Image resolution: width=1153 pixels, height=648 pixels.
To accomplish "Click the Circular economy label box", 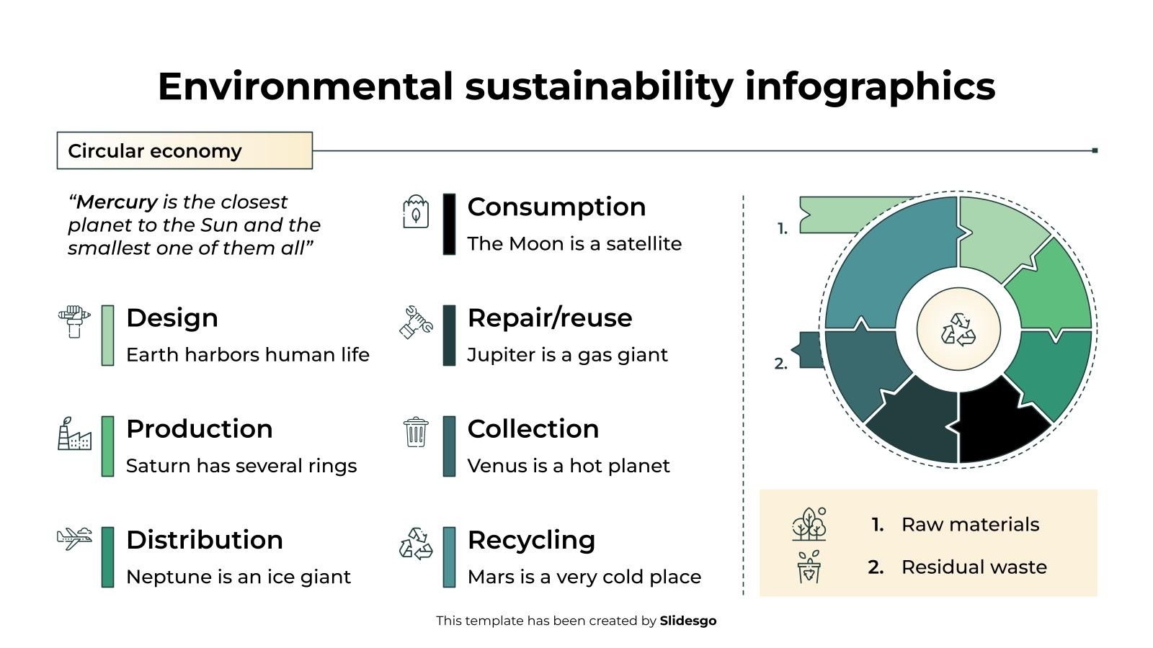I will click(x=184, y=150).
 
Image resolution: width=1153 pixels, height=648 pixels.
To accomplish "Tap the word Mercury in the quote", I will click(x=117, y=202).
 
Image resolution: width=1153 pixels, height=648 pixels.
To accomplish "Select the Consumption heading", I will click(x=556, y=207).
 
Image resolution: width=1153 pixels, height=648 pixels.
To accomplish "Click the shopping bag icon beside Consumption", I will click(x=416, y=212).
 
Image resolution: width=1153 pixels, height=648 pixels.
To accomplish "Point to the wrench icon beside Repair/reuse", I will click(x=416, y=322).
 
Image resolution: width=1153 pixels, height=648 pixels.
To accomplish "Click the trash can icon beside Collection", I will click(x=416, y=432).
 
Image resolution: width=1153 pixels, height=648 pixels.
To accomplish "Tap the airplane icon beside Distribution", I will click(x=74, y=538).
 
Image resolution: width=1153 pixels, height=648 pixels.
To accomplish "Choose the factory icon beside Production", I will click(x=74, y=433).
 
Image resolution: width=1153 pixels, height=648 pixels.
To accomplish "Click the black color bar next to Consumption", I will click(x=449, y=224).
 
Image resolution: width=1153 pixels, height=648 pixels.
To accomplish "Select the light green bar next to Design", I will click(x=107, y=336).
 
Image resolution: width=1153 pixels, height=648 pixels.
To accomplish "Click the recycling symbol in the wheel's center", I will click(x=958, y=329).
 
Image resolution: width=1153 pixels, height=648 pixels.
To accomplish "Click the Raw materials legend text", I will click(x=970, y=524).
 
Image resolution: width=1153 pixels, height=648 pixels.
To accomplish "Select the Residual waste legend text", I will click(x=974, y=567).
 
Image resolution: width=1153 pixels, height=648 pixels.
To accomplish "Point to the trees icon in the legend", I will click(x=809, y=524).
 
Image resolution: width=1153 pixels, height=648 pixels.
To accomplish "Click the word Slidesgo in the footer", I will click(x=687, y=621).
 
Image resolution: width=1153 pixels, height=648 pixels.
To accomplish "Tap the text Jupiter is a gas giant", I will click(x=567, y=355).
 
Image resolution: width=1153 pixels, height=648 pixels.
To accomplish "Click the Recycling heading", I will click(x=531, y=540).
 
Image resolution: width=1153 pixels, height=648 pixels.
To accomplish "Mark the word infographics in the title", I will click(x=870, y=86).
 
